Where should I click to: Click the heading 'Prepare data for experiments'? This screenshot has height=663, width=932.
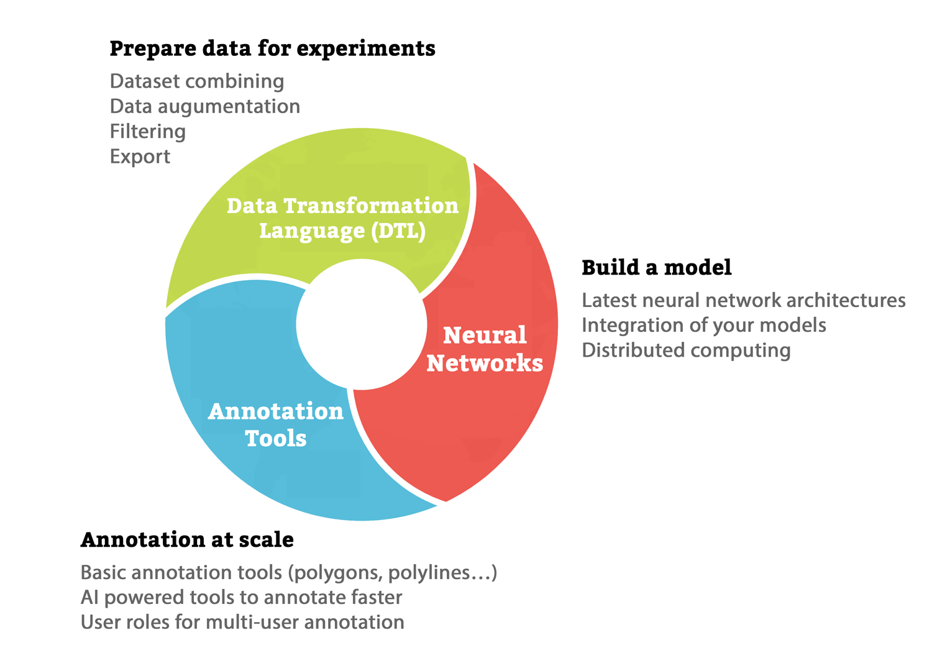272,48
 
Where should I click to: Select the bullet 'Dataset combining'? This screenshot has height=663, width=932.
197,81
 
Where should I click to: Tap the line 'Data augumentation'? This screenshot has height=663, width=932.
204,106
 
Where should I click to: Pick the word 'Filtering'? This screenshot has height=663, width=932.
148,131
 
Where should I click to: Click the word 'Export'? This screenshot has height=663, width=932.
140,156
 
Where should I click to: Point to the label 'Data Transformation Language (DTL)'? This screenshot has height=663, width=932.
342,217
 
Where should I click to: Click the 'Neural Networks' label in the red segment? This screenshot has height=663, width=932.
485,349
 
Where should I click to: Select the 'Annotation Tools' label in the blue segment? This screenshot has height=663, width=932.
276,424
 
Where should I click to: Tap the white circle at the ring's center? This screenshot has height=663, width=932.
361,324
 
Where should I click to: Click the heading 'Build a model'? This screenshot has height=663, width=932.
656,268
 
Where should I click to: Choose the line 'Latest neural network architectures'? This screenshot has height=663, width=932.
743,300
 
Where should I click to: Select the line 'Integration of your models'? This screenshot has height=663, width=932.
703,325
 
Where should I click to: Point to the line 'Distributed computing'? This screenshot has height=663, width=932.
686,350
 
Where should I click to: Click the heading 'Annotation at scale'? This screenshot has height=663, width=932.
187,539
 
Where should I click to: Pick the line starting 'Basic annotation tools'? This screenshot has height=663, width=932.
289,572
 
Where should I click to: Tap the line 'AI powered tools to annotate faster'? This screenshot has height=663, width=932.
241,597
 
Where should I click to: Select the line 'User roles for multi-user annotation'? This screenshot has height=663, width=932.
242,622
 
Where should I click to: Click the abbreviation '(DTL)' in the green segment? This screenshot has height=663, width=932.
398,231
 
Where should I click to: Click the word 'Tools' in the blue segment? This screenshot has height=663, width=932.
276,439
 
